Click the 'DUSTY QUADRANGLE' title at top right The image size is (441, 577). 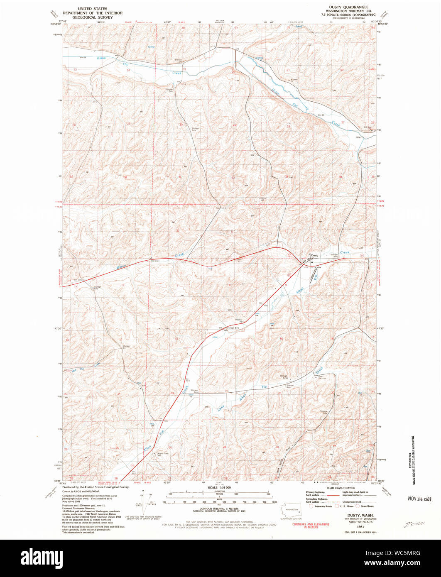(350, 7)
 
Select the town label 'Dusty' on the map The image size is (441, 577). (314, 255)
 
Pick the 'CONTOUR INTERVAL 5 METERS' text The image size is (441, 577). (218, 511)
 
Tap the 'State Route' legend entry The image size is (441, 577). (364, 506)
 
